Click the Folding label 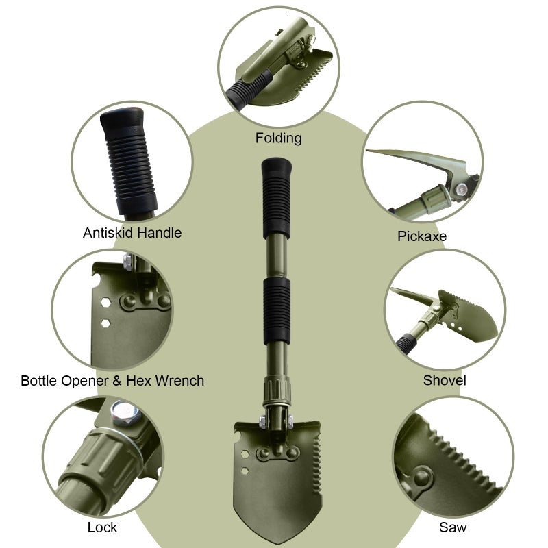(x=278, y=138)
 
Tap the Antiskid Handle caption (x=132, y=233)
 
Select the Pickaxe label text (x=422, y=236)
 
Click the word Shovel (x=445, y=380)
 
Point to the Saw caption (x=453, y=527)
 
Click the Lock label (x=102, y=527)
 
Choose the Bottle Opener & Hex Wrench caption (x=112, y=381)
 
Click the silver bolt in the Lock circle (x=125, y=413)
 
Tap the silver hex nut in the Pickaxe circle (x=461, y=190)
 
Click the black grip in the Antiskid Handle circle (x=128, y=161)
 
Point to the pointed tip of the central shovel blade (x=278, y=543)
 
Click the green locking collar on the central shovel (x=277, y=390)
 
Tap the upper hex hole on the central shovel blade (x=245, y=454)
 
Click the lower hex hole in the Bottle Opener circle (x=105, y=323)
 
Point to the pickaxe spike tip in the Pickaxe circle (x=367, y=151)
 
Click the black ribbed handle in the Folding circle (x=249, y=88)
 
